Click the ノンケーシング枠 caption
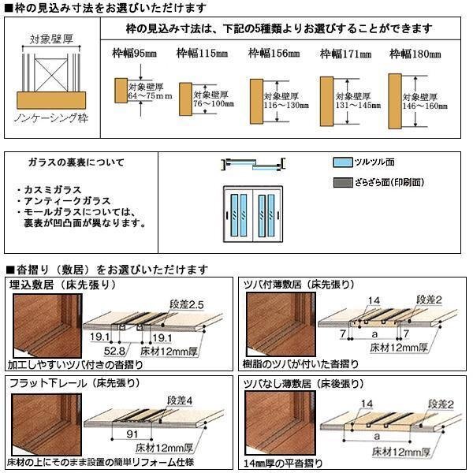(x=52, y=117)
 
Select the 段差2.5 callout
(x=186, y=303)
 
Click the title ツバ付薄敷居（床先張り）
(x=299, y=284)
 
